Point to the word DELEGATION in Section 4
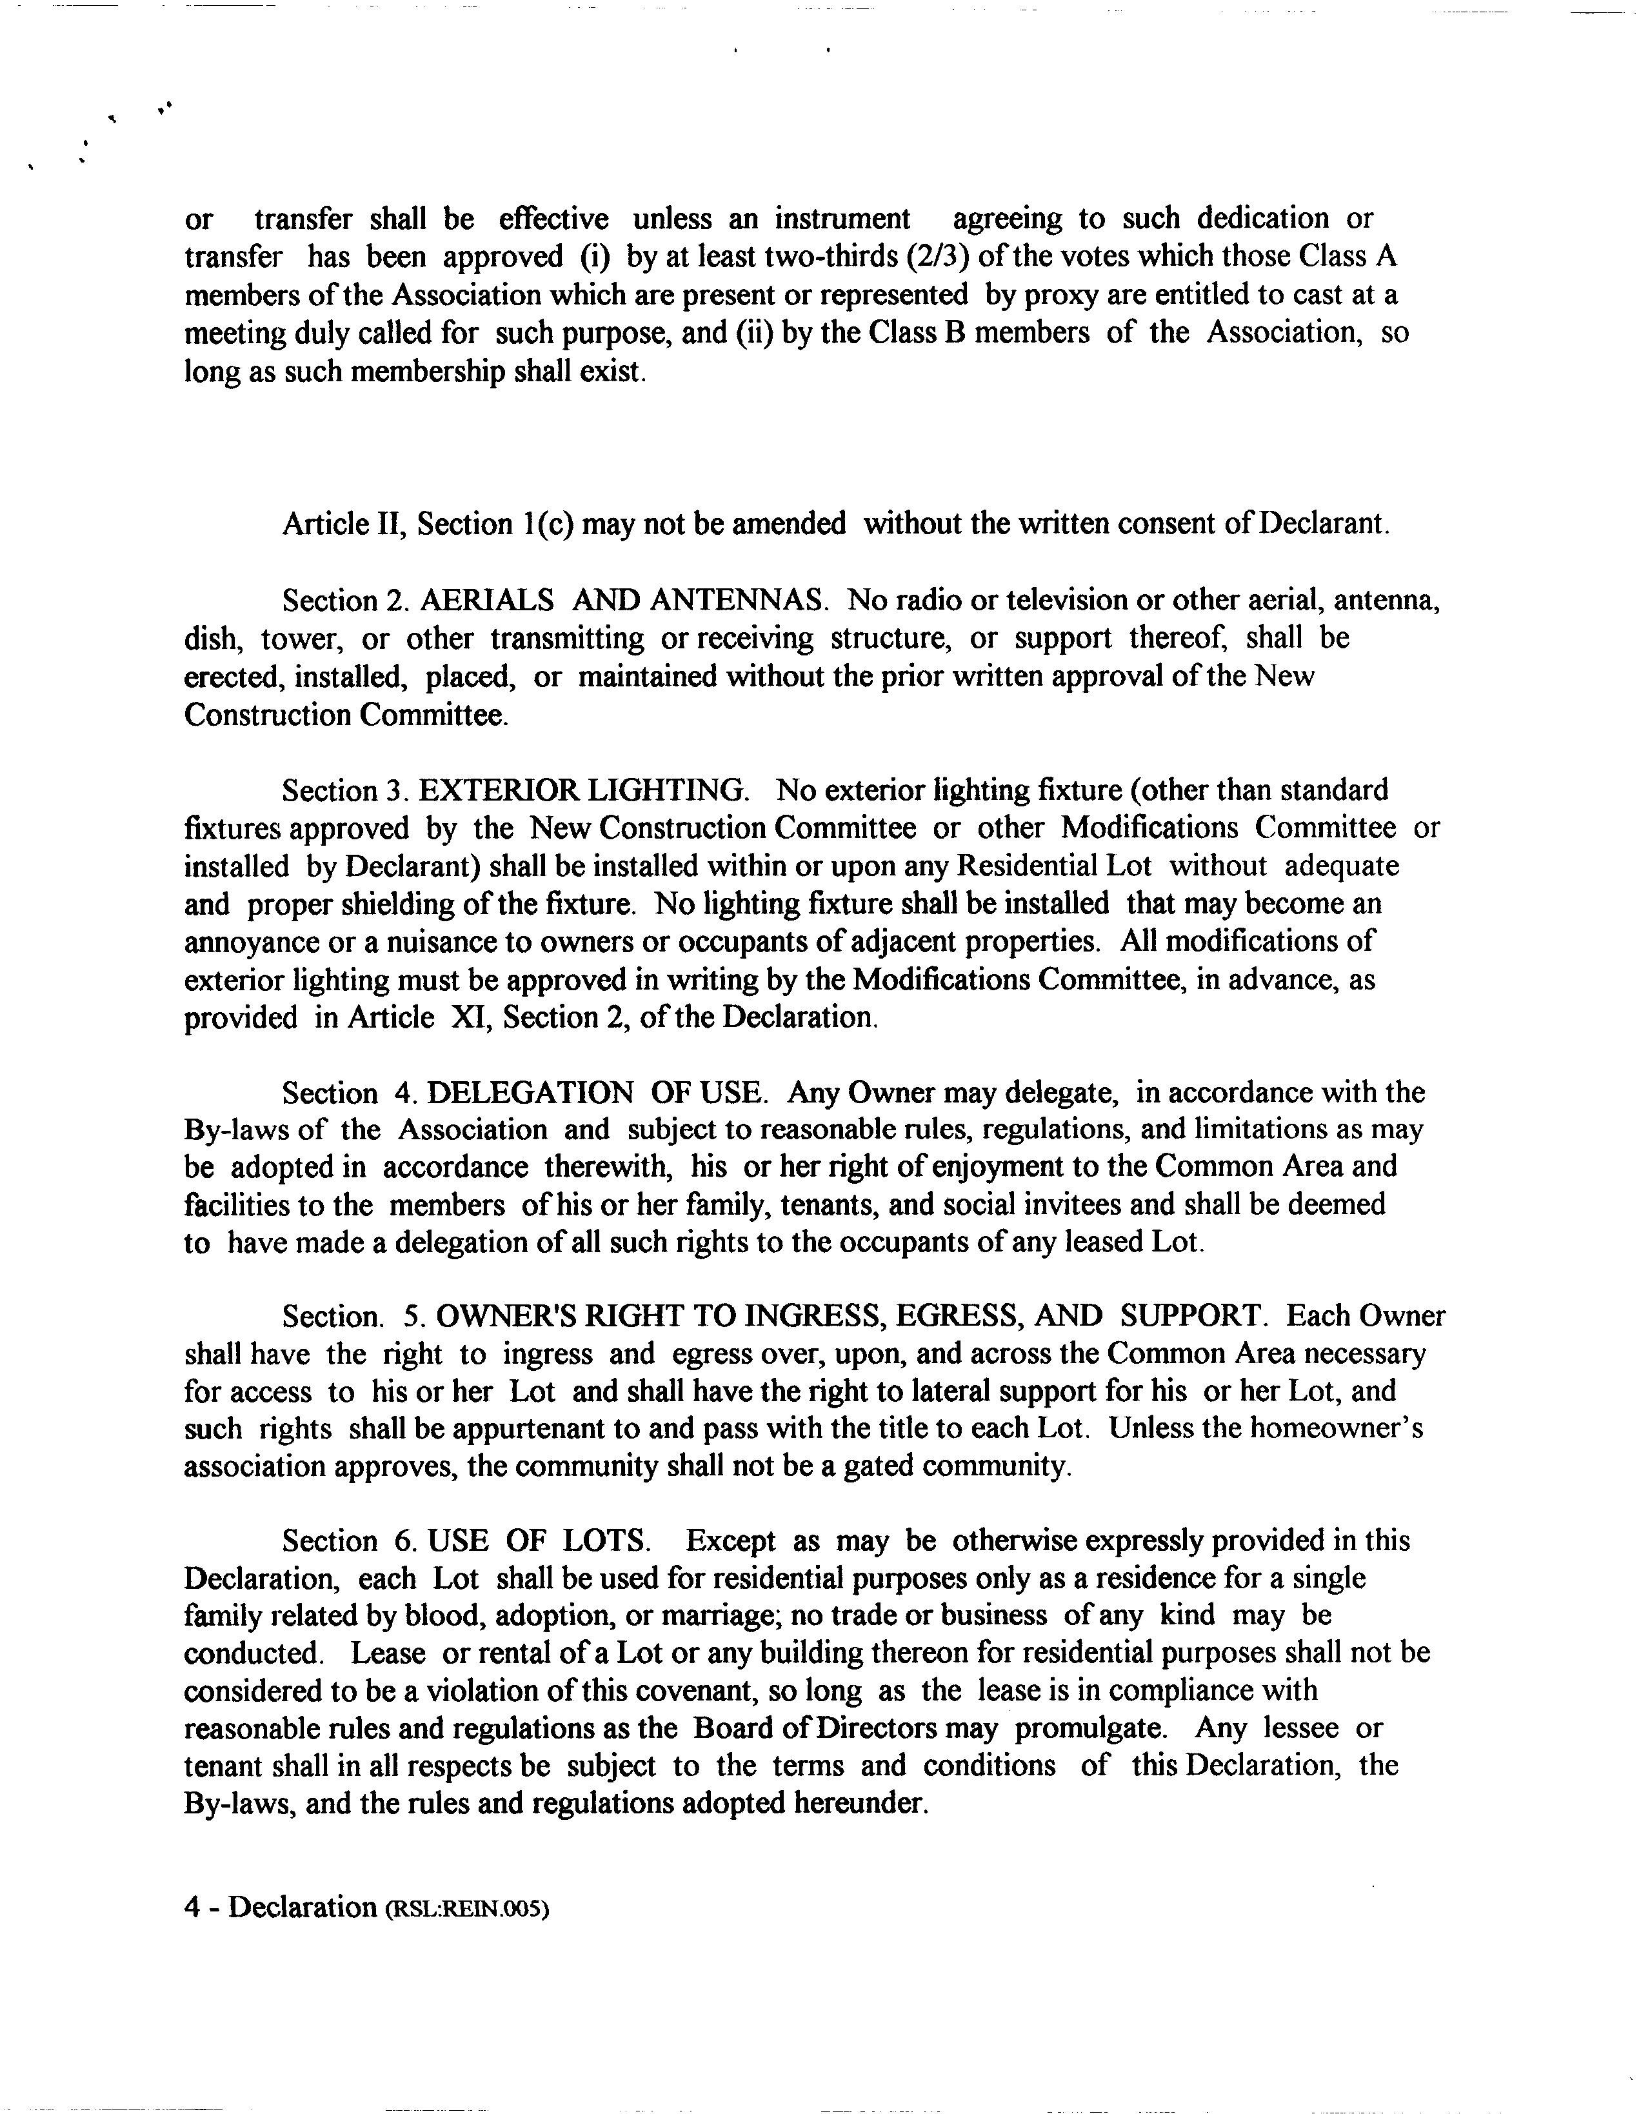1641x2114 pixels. point(530,1093)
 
